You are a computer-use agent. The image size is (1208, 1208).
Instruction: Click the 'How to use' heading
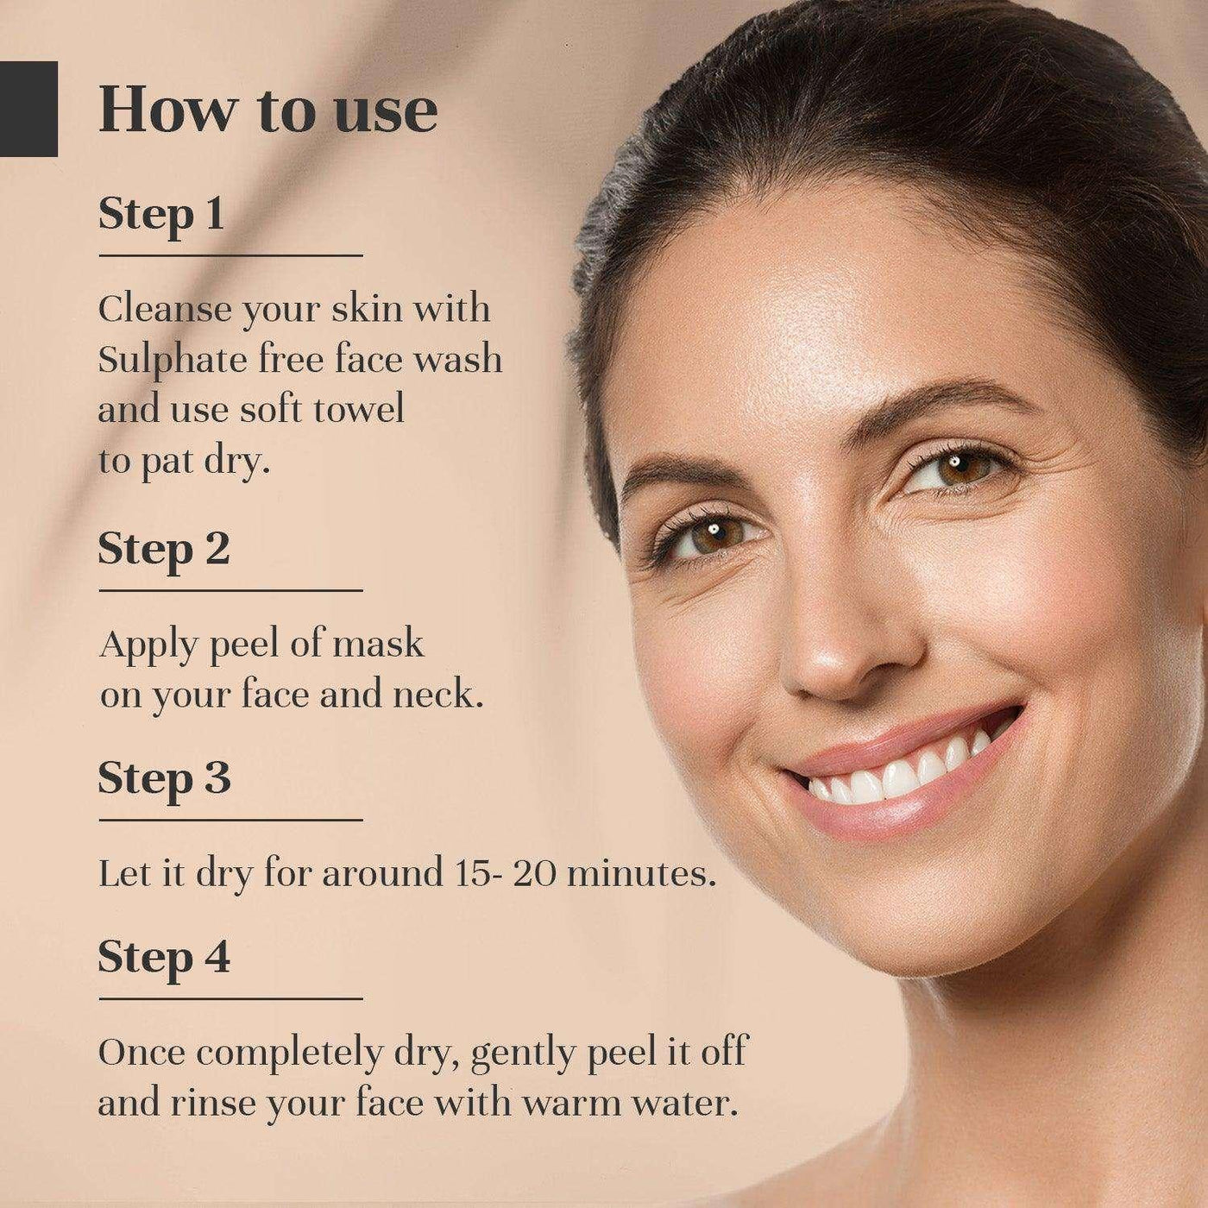(x=267, y=112)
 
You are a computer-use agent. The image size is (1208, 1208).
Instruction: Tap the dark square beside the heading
(x=28, y=109)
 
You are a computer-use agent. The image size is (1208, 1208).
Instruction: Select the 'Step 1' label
(x=161, y=215)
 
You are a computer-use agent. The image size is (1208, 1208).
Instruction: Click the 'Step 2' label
(x=164, y=550)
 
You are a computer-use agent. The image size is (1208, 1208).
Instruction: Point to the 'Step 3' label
(x=164, y=779)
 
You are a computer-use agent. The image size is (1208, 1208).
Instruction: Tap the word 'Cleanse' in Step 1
(x=165, y=309)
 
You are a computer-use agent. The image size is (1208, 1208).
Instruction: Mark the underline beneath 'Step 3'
(x=230, y=820)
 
